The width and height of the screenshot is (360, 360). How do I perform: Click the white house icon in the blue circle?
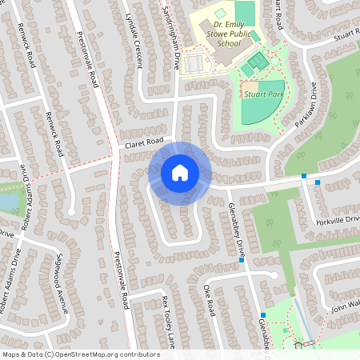click(x=179, y=173)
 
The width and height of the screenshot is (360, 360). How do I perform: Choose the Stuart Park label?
click(x=265, y=94)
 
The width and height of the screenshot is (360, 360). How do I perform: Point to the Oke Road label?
click(x=210, y=299)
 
